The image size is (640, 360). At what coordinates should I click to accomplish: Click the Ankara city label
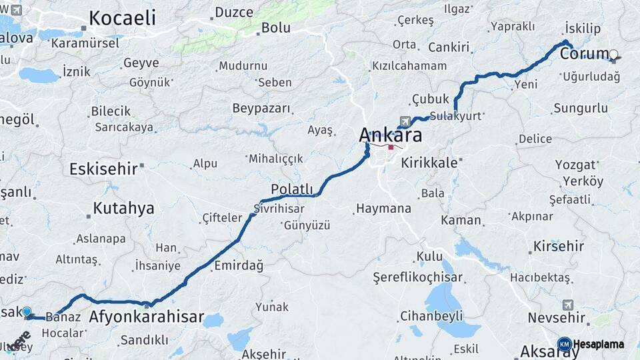[x=391, y=135]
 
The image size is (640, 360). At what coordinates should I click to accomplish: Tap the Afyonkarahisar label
[x=146, y=317]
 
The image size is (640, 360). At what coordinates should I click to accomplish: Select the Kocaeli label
[x=122, y=19]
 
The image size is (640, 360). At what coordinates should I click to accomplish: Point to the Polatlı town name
[x=291, y=189]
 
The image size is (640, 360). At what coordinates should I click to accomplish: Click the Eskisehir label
[x=103, y=169]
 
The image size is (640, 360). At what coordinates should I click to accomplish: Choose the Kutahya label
[x=123, y=208]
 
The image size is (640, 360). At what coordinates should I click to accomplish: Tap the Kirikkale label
[x=429, y=163]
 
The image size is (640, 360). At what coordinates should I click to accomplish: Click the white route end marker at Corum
[x=614, y=55]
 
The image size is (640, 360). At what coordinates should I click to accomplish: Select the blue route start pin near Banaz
[x=27, y=312]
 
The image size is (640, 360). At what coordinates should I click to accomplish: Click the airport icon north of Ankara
[x=404, y=121]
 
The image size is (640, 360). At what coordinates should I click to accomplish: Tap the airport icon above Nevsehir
[x=567, y=305]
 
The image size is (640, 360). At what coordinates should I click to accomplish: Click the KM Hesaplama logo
[x=591, y=344]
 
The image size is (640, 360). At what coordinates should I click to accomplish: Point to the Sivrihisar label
[x=279, y=209]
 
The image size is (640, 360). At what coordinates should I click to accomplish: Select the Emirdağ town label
[x=239, y=265]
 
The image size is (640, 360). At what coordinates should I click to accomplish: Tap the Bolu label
[x=275, y=28]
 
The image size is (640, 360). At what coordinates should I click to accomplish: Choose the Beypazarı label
[x=261, y=108]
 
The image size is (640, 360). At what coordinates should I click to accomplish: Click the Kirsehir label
[x=559, y=246]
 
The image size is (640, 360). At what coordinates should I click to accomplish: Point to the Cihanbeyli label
[x=427, y=315]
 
